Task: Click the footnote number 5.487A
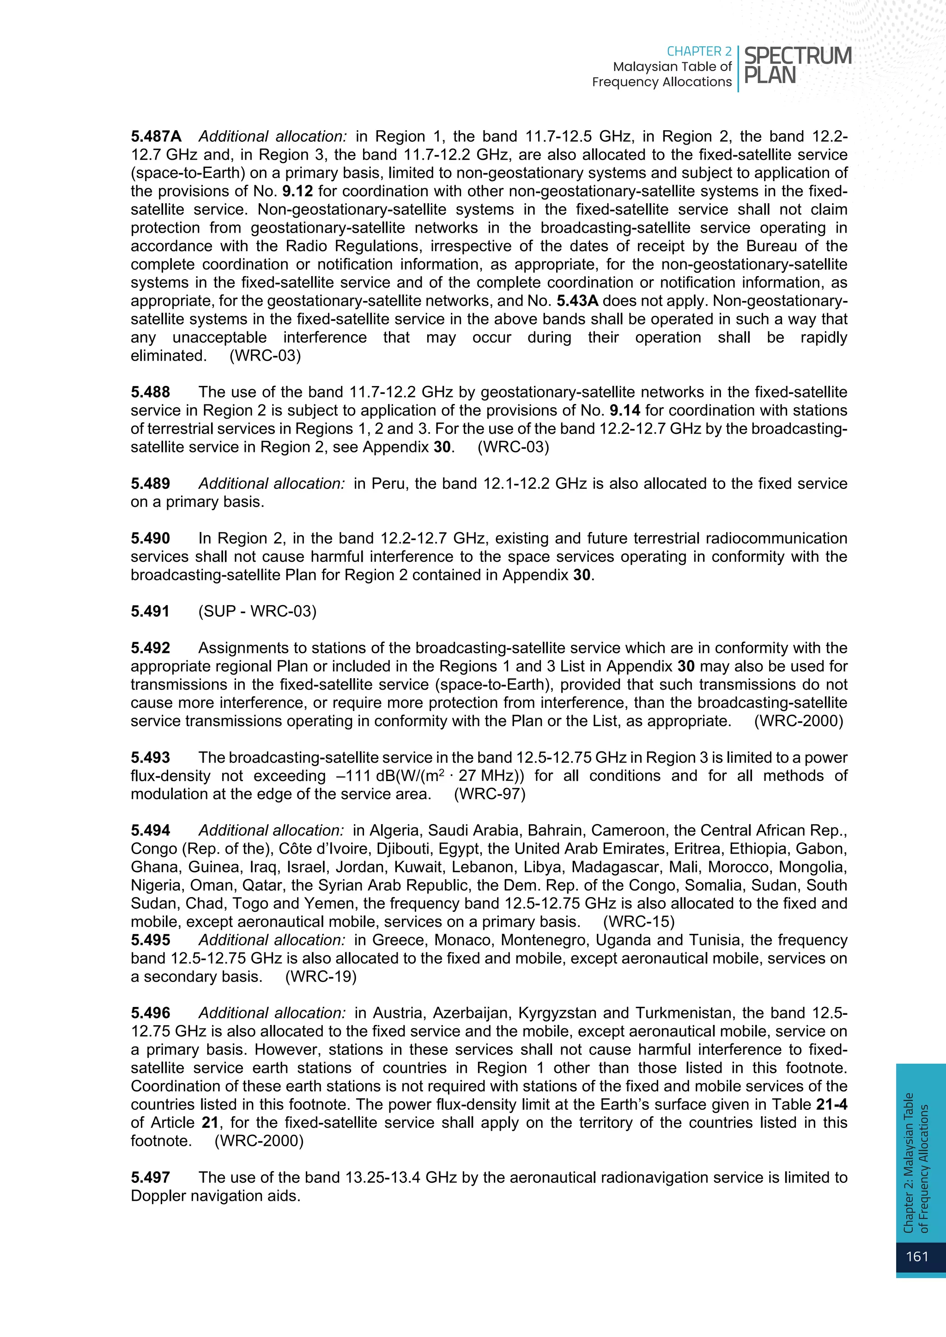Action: tap(156, 136)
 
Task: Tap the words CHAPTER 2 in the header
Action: tap(698, 51)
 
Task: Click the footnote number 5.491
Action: tap(150, 611)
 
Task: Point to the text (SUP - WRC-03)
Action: tap(257, 611)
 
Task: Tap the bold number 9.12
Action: tap(297, 191)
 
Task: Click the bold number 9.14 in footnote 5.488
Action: tap(625, 410)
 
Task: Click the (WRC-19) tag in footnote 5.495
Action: tap(321, 976)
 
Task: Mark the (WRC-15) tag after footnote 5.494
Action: tap(638, 922)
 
